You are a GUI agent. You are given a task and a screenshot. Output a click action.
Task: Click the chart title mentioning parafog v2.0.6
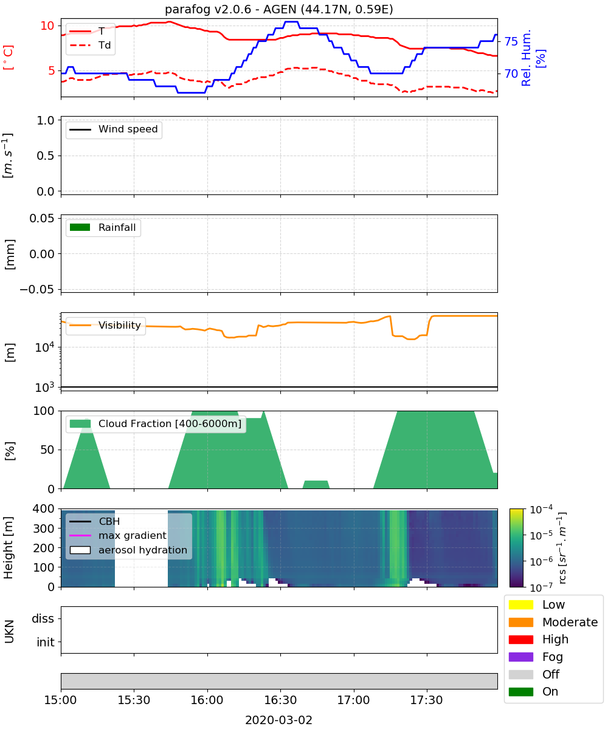279,9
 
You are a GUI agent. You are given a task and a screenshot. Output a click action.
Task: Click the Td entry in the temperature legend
90,46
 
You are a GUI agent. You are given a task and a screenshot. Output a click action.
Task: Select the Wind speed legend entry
114,129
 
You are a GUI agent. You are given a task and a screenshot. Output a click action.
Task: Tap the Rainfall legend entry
103,227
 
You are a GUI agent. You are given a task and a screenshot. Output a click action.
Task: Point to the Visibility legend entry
105,325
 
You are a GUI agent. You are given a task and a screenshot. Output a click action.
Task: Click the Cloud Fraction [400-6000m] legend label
170,423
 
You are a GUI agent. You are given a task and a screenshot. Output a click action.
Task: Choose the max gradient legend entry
118,535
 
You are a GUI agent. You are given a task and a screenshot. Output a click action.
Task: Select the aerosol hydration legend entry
128,550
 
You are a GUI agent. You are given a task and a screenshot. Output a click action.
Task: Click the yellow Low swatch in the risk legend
520,604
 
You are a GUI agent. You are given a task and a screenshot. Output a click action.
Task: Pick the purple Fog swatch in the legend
520,657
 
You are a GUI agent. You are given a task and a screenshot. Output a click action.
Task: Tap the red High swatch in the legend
520,639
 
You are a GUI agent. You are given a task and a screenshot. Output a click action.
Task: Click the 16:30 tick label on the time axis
280,700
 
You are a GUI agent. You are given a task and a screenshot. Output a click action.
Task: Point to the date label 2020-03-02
279,720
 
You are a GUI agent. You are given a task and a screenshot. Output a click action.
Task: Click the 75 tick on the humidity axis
511,41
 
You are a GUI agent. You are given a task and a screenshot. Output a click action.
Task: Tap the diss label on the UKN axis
43,618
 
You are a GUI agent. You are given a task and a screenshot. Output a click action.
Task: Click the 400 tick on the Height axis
44,508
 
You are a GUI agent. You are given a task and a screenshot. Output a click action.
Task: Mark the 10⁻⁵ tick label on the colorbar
541,535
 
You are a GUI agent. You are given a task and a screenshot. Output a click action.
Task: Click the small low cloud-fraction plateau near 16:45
316,484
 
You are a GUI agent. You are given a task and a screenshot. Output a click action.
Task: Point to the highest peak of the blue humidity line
291,22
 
